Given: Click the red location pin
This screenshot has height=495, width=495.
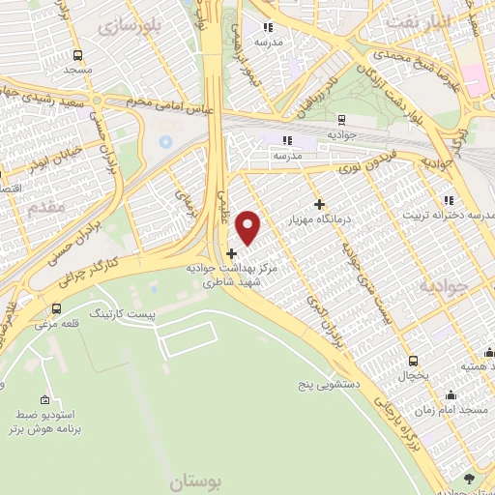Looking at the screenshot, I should (248, 226).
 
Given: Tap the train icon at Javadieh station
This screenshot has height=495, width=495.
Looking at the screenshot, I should (342, 120).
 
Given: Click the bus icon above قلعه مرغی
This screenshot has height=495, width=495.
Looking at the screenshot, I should (56, 309).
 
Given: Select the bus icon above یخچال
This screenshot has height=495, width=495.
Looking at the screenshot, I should (413, 360).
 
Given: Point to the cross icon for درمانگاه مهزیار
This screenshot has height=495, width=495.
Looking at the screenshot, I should (320, 204).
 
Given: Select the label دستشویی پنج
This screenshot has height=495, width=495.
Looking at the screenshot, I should (330, 384).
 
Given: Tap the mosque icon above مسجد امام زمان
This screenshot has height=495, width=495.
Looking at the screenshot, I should (450, 395).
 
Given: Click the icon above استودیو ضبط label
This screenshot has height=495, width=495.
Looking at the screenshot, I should (45, 399).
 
